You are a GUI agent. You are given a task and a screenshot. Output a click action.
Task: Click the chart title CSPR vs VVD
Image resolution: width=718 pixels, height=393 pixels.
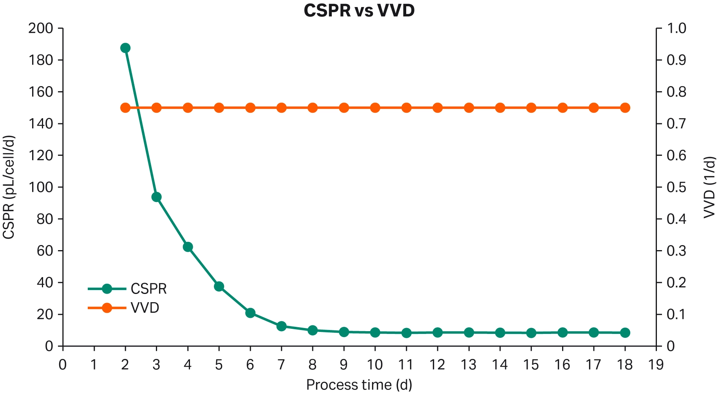[359, 11]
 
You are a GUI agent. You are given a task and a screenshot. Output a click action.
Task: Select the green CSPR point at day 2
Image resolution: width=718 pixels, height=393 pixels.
[125, 48]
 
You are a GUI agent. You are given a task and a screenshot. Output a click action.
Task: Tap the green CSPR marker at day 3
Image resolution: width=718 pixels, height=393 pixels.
[156, 197]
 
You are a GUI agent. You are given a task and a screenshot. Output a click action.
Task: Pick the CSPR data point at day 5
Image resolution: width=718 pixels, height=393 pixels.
[219, 287]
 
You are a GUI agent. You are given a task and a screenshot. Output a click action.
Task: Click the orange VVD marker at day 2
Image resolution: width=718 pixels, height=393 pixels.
[125, 108]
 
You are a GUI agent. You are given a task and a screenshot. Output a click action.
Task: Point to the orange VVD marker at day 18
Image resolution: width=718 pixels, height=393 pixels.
[625, 108]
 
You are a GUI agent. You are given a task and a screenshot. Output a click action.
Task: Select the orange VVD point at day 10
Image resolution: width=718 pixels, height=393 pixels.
[375, 108]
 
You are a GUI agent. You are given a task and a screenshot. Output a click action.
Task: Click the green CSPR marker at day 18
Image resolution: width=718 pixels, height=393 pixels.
[625, 333]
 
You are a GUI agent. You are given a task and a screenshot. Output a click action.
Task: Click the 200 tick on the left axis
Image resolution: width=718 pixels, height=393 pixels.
[40, 28]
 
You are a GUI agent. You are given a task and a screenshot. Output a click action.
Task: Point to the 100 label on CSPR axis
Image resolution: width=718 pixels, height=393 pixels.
[40, 187]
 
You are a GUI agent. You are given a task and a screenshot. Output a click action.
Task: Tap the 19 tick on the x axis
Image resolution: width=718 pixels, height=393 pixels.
[656, 365]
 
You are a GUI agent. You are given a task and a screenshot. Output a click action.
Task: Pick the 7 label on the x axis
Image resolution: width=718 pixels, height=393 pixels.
[281, 365]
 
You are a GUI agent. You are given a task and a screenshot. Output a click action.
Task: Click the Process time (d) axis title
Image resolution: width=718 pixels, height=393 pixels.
[359, 384]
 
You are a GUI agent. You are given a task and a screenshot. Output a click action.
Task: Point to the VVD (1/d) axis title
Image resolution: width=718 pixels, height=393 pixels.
[709, 187]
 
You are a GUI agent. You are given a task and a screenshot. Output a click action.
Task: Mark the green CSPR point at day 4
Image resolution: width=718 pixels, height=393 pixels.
[188, 247]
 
